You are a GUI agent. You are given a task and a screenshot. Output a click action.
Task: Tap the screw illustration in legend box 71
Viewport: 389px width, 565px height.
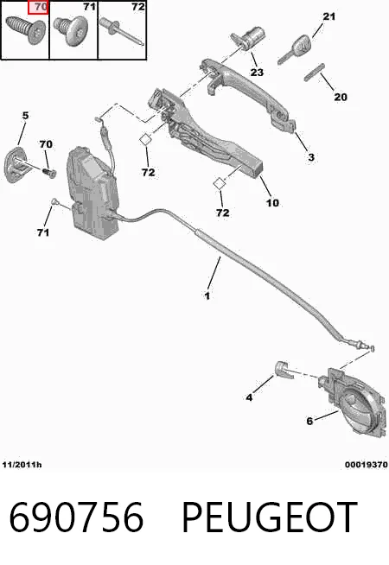tap(71, 31)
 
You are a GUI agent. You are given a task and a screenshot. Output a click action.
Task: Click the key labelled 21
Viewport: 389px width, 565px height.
tap(294, 50)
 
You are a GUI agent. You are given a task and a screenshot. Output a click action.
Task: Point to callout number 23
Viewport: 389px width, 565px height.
tap(257, 73)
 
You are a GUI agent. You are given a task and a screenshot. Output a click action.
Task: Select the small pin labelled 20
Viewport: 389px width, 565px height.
tap(315, 73)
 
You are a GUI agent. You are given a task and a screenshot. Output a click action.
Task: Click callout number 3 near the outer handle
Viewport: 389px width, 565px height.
tap(311, 157)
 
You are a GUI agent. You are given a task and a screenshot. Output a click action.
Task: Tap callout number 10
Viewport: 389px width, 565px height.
tap(272, 203)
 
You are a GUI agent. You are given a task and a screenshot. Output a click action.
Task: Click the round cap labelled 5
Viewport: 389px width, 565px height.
tap(16, 164)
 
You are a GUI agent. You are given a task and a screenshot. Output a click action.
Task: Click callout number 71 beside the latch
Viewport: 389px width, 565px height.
tap(43, 232)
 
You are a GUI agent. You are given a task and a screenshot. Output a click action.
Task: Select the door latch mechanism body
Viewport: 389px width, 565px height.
tap(93, 194)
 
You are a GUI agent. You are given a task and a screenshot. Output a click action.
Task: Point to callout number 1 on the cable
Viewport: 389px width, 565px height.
tap(207, 295)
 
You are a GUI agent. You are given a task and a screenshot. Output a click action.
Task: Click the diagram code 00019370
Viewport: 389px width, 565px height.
tap(367, 465)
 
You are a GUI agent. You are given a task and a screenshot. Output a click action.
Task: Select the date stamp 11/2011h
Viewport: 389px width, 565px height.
tap(22, 465)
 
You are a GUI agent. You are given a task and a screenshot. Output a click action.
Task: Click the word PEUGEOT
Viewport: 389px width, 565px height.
tap(270, 517)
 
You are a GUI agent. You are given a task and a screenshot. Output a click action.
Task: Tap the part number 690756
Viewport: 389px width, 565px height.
tap(76, 517)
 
